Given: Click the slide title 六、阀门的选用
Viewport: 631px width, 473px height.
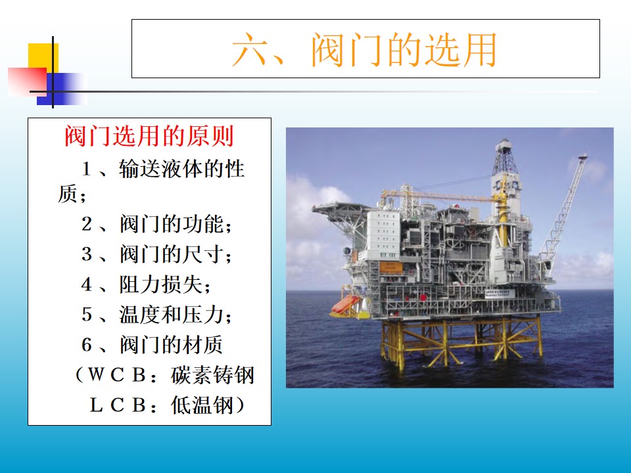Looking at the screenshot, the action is [364, 49].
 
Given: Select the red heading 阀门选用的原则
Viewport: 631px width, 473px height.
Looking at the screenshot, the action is [149, 137].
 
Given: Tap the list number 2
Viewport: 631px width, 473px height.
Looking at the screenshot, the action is [87, 223].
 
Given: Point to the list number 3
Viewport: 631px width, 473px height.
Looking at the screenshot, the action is [87, 254].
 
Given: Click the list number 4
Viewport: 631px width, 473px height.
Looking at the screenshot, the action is [87, 284].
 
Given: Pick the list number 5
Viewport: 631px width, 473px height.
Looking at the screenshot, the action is [87, 314].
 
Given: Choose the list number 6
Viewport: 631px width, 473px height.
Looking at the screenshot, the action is [87, 345].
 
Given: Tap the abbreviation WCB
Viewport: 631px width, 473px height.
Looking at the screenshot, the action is [117, 375].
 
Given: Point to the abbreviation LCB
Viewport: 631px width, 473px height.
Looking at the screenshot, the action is [117, 405].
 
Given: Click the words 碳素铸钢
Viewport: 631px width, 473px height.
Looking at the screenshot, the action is [212, 375].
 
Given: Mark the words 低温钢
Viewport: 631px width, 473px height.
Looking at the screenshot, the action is [202, 405].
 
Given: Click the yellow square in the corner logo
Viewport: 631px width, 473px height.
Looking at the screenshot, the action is [43, 58].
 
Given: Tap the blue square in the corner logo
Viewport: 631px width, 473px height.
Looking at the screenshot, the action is [62, 89].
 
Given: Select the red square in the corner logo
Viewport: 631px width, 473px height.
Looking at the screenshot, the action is [28, 81].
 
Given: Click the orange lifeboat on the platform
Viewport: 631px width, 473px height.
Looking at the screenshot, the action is [345, 304].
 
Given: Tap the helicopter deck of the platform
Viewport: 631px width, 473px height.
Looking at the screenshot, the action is [341, 209].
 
